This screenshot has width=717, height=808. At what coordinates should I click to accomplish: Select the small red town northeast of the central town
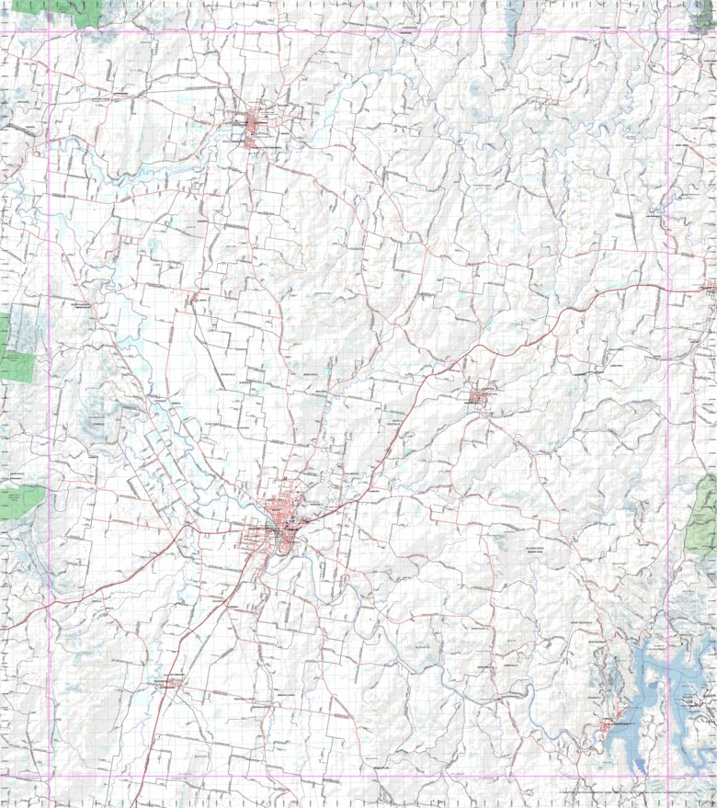click(481, 396)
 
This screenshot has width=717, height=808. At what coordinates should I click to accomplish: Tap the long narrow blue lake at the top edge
click(515, 13)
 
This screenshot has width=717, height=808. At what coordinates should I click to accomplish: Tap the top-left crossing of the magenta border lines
click(49, 34)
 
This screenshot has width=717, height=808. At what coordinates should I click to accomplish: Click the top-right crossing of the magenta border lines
click(668, 34)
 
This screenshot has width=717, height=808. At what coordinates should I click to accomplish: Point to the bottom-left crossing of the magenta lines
click(49, 777)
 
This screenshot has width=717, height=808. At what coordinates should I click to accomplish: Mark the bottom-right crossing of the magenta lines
click(668, 777)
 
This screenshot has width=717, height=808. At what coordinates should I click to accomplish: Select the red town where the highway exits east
click(709, 287)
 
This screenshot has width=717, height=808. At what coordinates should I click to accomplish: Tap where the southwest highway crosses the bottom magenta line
click(143, 777)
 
